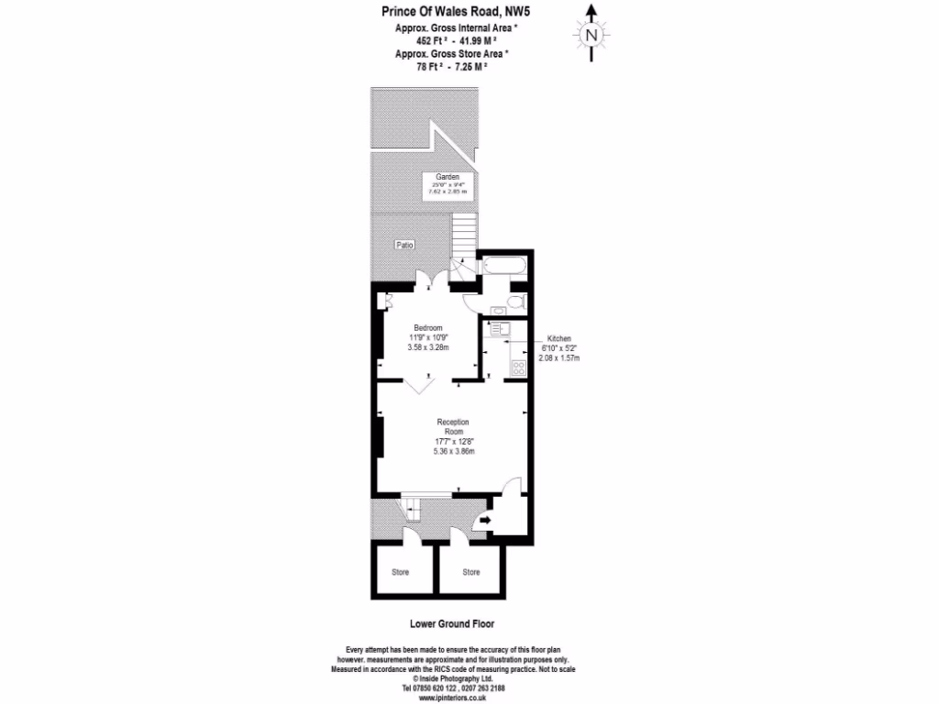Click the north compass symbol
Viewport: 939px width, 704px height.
coord(591,34)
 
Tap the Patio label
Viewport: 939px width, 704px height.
coord(404,245)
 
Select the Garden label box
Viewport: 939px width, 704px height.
coord(447,185)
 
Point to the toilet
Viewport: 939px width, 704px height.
coord(516,302)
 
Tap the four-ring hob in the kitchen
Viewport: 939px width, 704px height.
coord(517,368)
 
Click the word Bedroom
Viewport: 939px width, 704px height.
coord(428,328)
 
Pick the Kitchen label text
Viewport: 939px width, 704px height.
coord(559,338)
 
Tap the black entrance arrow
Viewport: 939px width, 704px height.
coord(484,522)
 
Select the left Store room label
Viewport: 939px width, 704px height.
coord(401,572)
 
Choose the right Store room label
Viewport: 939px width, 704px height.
coord(470,572)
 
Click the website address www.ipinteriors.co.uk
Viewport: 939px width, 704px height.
coord(452,698)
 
